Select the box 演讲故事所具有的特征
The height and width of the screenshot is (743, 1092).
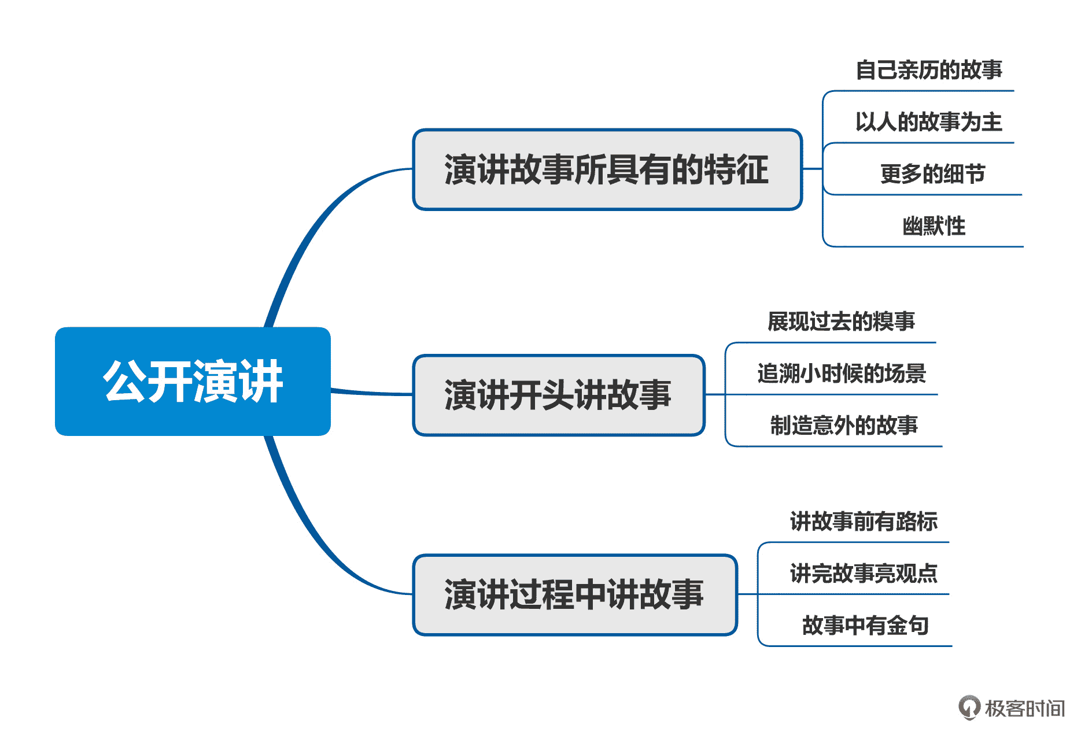coord(607,169)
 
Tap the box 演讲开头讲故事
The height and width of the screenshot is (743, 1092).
coord(558,395)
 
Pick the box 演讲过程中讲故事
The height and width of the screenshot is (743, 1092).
coord(574,594)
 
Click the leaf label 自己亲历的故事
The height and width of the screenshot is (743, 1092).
coord(928,70)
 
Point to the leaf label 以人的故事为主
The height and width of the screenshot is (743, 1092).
coord(928,122)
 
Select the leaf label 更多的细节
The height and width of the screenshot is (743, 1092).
coord(932,174)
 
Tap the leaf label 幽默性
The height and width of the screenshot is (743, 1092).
coord(934,226)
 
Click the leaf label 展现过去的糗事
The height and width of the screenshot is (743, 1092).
coord(841,321)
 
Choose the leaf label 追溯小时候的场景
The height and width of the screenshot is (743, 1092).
coord(842,374)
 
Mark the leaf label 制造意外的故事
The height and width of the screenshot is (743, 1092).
coord(844,426)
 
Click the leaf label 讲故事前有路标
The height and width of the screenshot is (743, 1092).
coord(864,522)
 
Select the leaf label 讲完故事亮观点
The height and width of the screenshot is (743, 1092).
coord(864,574)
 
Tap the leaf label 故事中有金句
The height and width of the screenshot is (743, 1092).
coord(865,626)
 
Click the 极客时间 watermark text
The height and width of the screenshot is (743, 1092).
coord(1025,708)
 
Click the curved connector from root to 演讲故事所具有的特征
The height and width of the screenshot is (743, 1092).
coord(312,231)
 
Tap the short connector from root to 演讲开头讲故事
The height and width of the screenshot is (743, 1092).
coord(370,393)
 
